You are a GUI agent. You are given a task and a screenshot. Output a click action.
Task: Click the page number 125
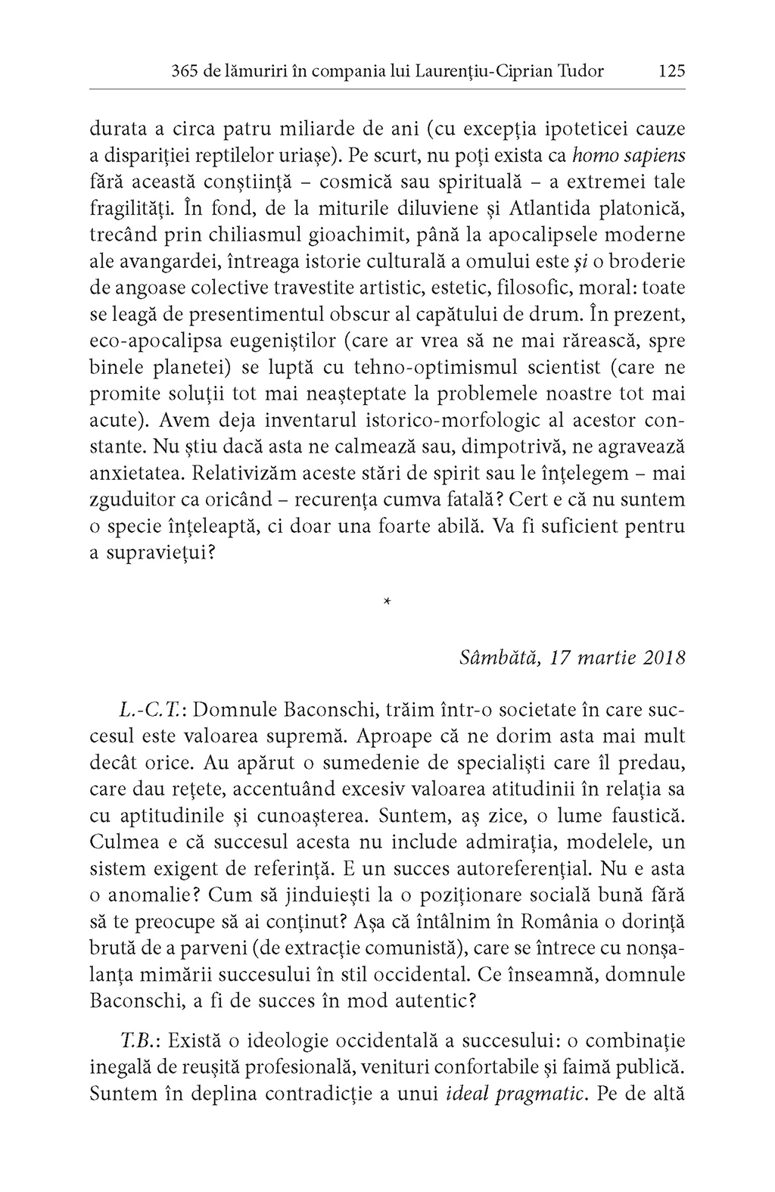tap(671, 71)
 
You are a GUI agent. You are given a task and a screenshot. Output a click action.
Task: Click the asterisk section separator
tap(387, 602)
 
